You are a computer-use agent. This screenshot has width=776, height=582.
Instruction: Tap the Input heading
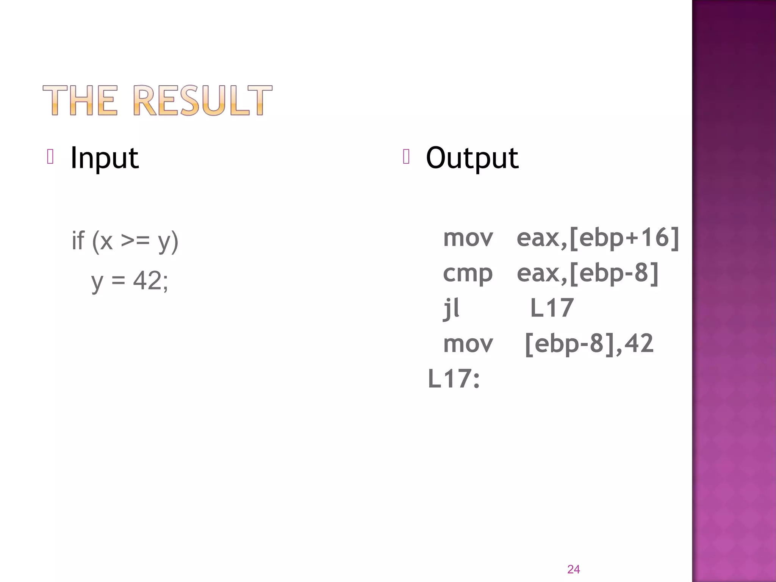[105, 158]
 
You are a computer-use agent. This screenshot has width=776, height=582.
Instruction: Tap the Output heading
[472, 158]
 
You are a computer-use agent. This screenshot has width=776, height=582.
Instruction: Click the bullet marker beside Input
[50, 156]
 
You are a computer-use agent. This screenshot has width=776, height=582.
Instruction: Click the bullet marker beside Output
[406, 156]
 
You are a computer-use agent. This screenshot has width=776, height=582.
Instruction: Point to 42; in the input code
[150, 281]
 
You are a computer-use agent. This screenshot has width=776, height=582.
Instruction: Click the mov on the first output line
[468, 238]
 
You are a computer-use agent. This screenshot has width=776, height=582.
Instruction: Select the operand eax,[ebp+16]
[598, 238]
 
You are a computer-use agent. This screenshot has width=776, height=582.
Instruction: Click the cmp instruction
[468, 274]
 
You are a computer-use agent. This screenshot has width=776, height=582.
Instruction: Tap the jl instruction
[451, 308]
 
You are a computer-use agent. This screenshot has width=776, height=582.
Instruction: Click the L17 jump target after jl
[552, 308]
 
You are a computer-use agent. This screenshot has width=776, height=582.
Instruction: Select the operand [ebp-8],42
[589, 343]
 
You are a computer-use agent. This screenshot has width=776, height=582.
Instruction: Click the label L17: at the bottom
[454, 379]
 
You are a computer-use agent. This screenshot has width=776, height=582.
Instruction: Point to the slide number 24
[573, 569]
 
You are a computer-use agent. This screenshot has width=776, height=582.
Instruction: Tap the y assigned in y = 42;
[97, 282]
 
